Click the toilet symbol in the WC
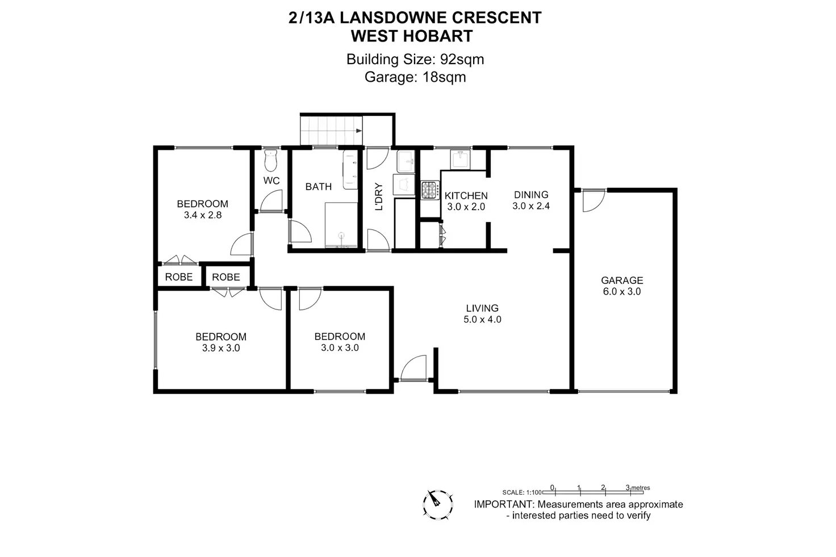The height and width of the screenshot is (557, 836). point(270,161)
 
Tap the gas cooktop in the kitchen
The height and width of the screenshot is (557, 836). point(430,190)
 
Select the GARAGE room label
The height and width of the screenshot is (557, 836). point(622,280)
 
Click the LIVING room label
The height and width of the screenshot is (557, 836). point(482,308)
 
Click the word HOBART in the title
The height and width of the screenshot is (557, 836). point(437,36)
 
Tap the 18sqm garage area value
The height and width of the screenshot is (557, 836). point(444,77)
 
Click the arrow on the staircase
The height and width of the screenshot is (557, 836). point(359,131)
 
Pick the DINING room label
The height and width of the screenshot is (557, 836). point(531,195)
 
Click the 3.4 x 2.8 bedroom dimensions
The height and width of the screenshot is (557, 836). point(203,215)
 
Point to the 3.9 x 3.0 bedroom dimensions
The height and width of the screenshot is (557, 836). point(221,348)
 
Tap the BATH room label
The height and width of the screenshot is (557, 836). point(319,187)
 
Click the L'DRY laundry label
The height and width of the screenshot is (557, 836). point(379,196)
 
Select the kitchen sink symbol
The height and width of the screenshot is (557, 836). point(460,160)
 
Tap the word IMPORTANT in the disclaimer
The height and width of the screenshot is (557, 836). point(504,504)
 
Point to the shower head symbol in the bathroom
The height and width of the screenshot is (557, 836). point(341,235)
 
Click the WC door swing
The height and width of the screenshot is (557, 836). point(271,201)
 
